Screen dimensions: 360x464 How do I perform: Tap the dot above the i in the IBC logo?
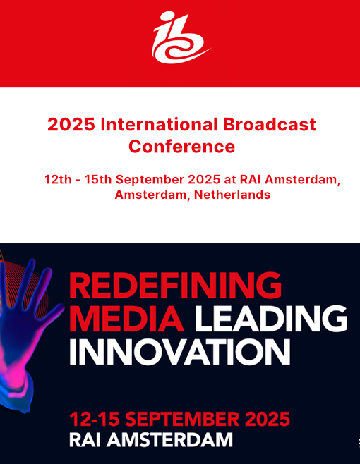(x=168, y=16)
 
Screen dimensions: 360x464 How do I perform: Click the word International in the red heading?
(x=159, y=124)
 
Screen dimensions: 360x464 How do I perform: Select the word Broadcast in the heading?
(x=270, y=124)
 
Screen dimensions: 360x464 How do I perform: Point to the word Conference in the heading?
(x=181, y=146)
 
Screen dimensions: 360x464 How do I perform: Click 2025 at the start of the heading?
(x=71, y=124)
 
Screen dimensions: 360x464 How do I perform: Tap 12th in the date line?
(x=58, y=179)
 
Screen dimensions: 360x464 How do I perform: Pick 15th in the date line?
(x=98, y=179)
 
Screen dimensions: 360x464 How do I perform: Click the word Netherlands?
(x=232, y=195)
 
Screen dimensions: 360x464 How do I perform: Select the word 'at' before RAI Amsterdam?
(x=229, y=180)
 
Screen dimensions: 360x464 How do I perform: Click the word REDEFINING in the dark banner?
(x=175, y=285)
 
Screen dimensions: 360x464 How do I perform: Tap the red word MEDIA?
(x=126, y=319)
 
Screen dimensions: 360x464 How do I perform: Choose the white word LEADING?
(x=271, y=319)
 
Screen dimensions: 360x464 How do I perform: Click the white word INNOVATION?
(x=180, y=352)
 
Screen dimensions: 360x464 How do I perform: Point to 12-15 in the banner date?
(x=95, y=419)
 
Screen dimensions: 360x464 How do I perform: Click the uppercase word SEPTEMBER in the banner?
(x=182, y=419)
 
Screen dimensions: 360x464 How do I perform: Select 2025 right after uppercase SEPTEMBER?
(x=268, y=419)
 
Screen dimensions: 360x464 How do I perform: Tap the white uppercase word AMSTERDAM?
(x=170, y=440)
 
